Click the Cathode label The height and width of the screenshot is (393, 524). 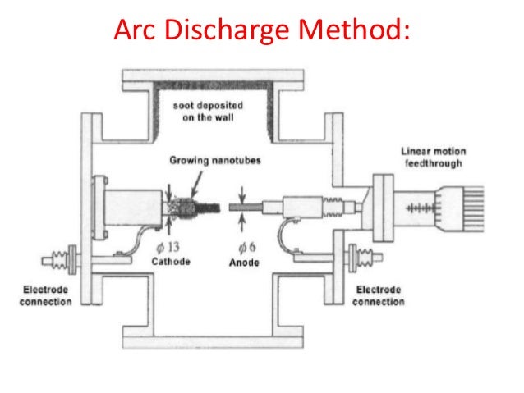coord(171,262)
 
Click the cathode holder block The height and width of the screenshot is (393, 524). coord(131,206)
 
